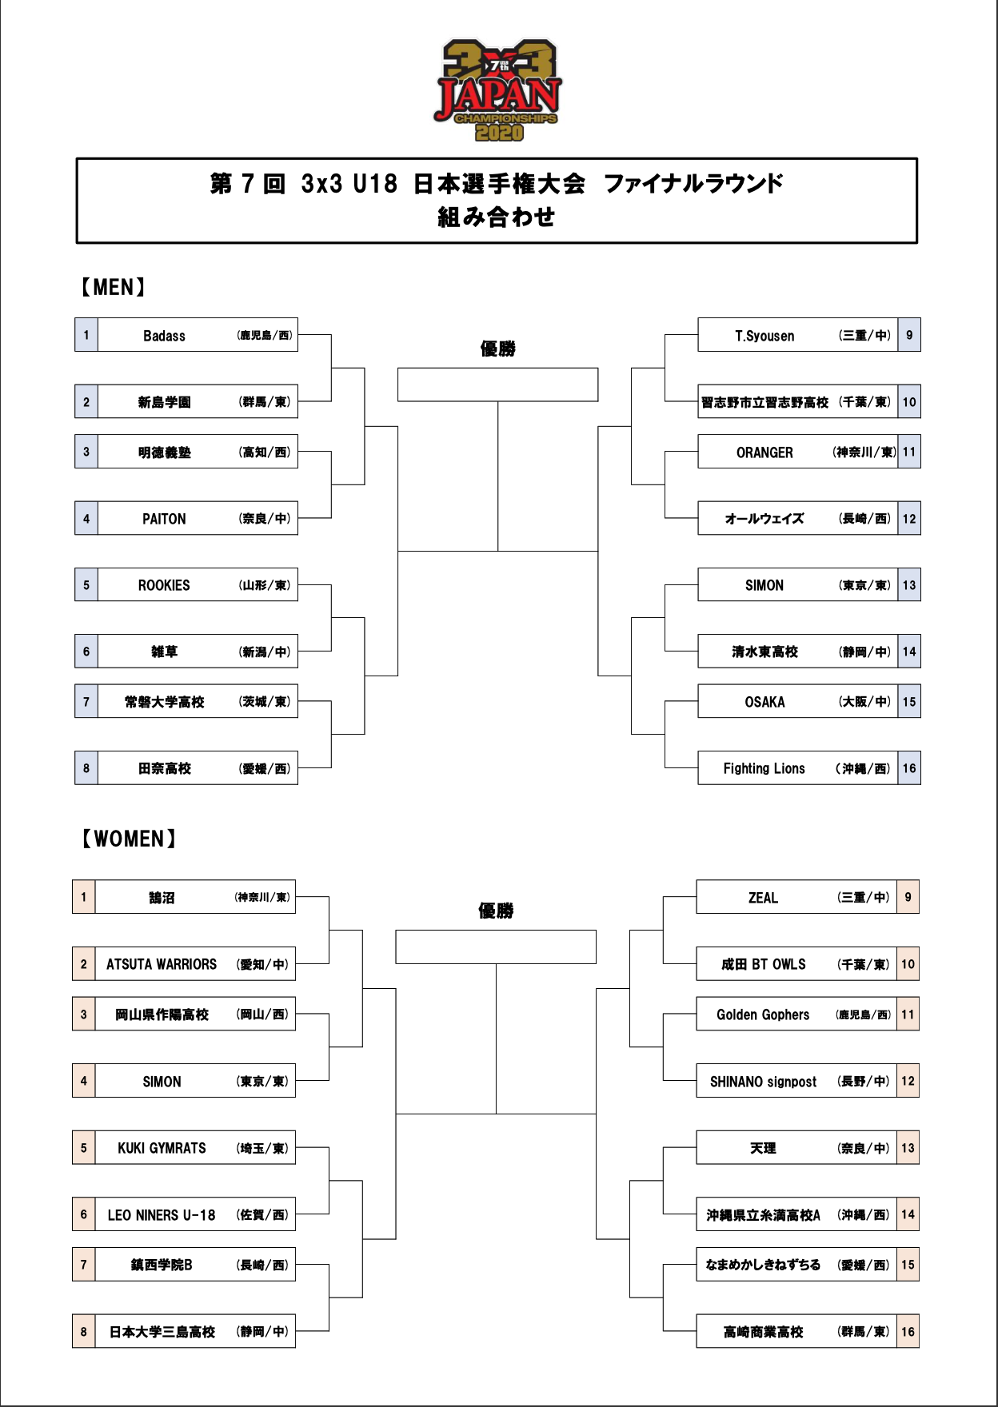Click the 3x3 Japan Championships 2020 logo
[498, 90]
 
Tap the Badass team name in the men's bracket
[164, 336]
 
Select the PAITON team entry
[164, 519]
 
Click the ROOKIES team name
[164, 585]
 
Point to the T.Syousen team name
[764, 336]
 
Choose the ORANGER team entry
[764, 452]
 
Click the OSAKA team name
[764, 702]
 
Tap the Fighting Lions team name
[764, 768]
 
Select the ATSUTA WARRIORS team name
[162, 964]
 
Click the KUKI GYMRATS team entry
[162, 1148]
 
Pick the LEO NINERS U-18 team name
[162, 1215]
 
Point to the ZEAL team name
[763, 898]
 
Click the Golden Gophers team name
[763, 1014]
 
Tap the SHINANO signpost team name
[763, 1082]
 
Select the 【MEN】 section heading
[113, 287]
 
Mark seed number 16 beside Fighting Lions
[909, 768]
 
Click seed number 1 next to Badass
[86, 335]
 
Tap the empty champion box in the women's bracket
[496, 947]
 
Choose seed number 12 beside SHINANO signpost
[908, 1081]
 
